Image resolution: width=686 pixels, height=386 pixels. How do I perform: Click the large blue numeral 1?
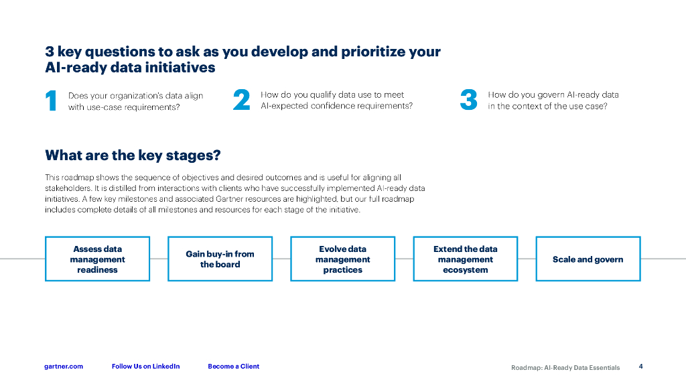(51, 101)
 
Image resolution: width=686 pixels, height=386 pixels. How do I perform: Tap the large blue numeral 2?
(241, 101)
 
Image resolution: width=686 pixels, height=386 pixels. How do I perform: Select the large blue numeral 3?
(468, 101)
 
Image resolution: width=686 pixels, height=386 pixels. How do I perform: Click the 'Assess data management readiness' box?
(97, 259)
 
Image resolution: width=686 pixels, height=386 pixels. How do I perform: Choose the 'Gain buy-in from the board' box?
(220, 259)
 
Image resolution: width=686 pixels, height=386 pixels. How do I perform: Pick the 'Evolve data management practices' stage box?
(342, 259)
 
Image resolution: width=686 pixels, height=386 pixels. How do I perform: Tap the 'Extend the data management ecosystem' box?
(465, 259)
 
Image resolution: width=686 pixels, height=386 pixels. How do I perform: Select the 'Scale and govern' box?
(588, 259)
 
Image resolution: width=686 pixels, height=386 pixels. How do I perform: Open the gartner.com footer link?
(64, 367)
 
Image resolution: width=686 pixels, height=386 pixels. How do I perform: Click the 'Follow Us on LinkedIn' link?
(145, 367)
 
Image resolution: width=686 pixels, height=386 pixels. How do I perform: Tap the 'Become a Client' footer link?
(233, 367)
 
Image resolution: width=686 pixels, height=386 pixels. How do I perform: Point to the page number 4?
(640, 366)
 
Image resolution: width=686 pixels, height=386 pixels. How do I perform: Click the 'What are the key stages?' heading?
(133, 155)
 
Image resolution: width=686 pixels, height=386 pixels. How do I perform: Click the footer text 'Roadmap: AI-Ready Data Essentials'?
(565, 367)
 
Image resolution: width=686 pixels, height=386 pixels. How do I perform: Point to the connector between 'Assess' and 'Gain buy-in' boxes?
(159, 259)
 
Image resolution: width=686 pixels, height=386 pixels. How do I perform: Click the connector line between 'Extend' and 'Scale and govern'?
(527, 259)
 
